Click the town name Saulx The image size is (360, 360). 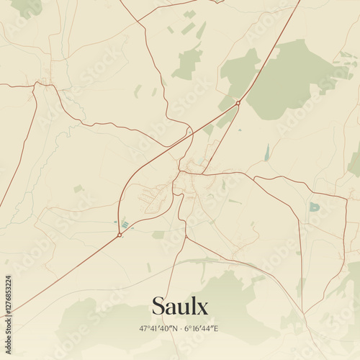(180, 307)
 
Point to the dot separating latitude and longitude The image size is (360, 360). (180, 328)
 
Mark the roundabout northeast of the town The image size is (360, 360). (238, 103)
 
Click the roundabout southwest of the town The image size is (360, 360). (119, 235)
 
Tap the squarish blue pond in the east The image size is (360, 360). (314, 207)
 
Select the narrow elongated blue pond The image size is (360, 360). (267, 153)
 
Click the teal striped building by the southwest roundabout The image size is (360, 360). (125, 225)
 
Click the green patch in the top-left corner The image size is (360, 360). (27, 7)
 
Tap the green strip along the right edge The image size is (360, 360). (354, 162)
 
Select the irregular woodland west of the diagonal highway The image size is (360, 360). (189, 63)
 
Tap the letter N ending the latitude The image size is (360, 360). (174, 328)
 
